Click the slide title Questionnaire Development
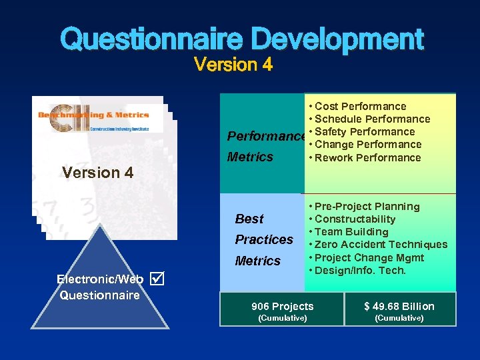pyautogui.click(x=241, y=39)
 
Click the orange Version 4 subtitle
pyautogui.click(x=233, y=65)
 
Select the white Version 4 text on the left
pyautogui.click(x=97, y=173)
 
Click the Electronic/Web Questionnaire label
pyautogui.click(x=100, y=287)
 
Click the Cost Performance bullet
pyautogui.click(x=360, y=106)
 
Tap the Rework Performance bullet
pyautogui.click(x=367, y=158)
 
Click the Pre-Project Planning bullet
pyautogui.click(x=367, y=207)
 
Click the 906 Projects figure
pyautogui.click(x=282, y=307)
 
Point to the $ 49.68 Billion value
pyautogui.click(x=399, y=307)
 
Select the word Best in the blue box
pyautogui.click(x=249, y=219)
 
